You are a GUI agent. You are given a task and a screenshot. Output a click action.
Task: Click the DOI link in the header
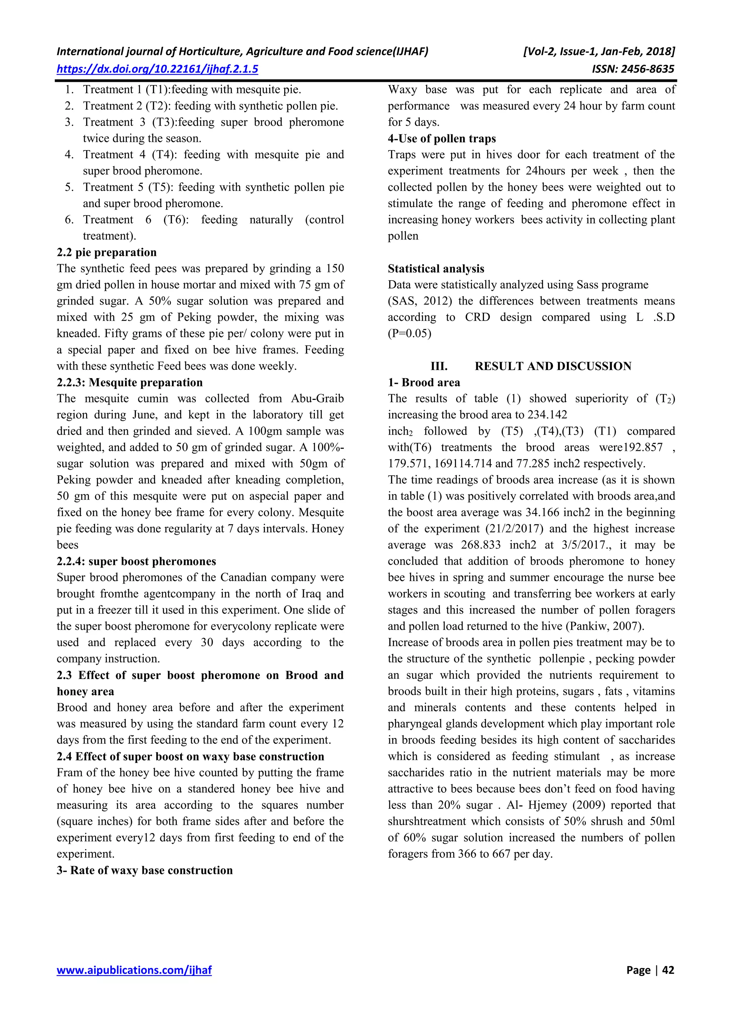point(157,69)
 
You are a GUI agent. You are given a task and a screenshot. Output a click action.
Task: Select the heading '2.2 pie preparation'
point(107,252)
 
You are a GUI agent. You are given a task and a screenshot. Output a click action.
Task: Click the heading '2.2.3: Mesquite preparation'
point(130,382)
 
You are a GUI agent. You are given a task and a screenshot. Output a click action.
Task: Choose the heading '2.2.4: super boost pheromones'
point(136,561)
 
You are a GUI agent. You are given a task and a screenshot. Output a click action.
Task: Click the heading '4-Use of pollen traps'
point(442,138)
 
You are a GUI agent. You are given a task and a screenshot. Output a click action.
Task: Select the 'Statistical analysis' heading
point(436,269)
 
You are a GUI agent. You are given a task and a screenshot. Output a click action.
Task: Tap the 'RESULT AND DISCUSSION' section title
point(553,366)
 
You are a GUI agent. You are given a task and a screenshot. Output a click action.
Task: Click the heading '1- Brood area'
point(424,382)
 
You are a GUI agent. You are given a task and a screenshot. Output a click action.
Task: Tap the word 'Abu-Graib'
point(317,398)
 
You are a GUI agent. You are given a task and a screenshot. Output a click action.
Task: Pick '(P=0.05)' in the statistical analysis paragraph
point(409,333)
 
